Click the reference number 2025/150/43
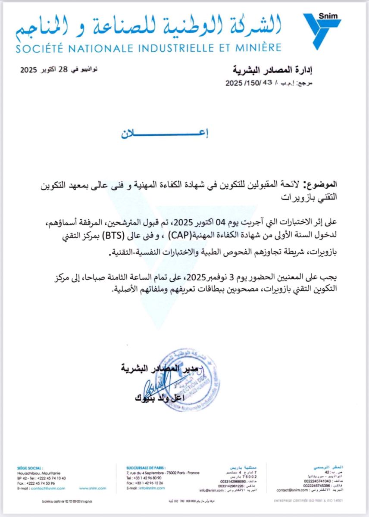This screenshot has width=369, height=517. pos(250,84)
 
